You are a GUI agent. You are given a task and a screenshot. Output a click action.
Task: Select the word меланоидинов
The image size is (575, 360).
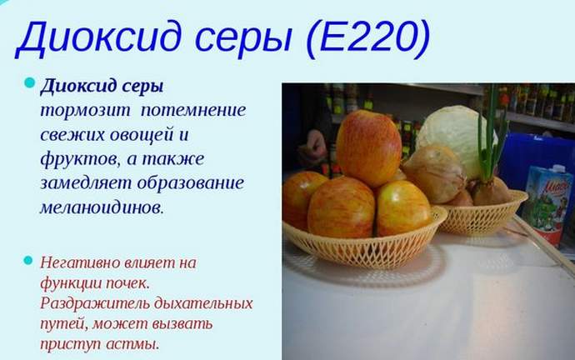click(100, 207)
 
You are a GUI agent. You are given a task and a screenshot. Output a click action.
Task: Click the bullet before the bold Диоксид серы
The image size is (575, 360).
click(30, 83)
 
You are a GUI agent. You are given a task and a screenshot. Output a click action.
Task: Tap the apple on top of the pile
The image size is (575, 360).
click(367, 148)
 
